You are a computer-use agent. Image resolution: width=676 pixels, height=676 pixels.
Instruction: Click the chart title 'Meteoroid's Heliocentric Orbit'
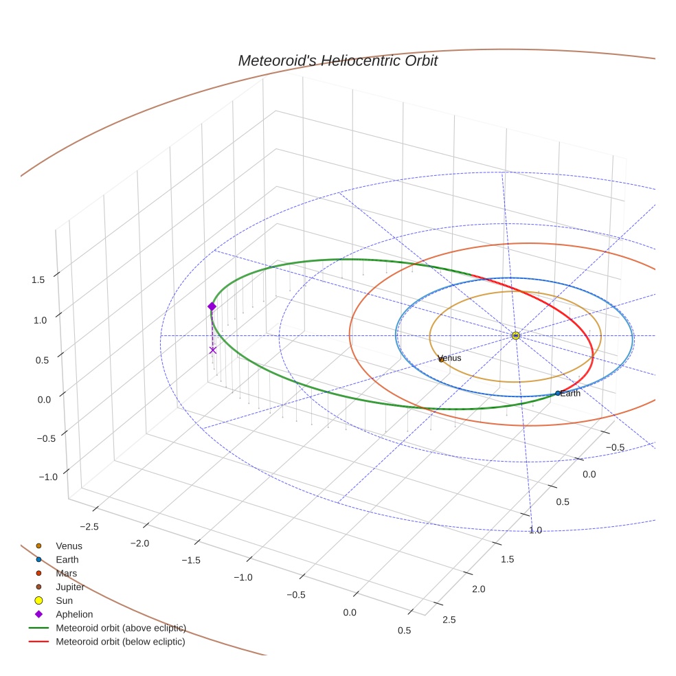point(337,60)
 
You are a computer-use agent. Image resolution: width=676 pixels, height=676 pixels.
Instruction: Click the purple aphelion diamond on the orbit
point(212,306)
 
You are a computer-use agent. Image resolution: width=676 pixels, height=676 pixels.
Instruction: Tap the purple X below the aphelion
point(213,350)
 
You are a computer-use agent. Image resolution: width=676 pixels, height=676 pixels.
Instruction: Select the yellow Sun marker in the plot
point(515,335)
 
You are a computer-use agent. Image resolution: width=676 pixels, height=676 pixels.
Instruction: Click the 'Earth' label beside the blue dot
point(570,394)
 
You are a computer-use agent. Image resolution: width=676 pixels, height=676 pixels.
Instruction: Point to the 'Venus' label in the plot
point(449,358)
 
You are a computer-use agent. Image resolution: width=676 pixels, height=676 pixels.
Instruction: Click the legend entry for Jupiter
point(70,587)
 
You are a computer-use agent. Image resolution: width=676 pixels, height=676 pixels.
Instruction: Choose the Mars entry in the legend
point(66,573)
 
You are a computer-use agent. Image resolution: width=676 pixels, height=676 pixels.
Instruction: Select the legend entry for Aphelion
point(74,614)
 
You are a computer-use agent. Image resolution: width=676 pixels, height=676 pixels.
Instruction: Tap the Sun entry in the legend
point(64,600)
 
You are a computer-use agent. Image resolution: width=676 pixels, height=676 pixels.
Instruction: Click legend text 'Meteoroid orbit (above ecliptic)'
point(121,628)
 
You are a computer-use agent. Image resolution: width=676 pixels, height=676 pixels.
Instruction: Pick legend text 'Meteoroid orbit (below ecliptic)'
point(120,642)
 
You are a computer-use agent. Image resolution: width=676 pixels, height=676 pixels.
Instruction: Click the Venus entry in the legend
point(69,545)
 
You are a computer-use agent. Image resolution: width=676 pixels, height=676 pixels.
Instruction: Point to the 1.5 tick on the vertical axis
point(38,280)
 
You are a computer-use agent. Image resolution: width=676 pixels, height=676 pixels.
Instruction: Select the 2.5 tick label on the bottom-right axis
point(448,620)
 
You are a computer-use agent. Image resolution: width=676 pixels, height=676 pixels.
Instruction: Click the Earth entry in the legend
point(67,559)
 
